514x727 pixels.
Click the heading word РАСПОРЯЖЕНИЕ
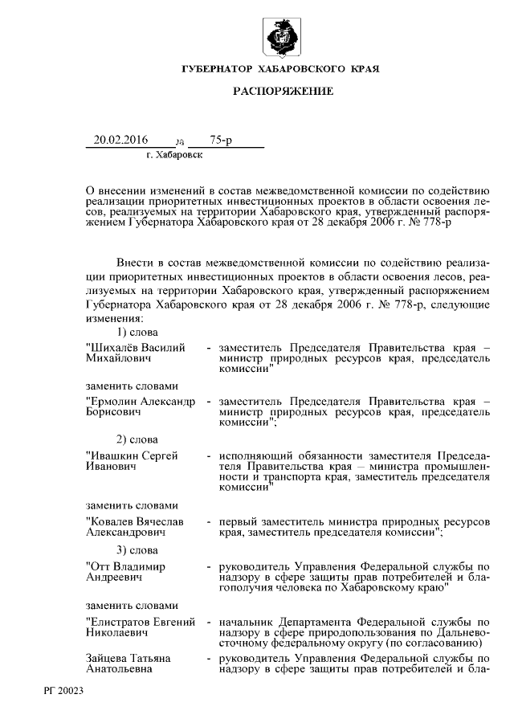(283, 92)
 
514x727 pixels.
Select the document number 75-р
(221, 141)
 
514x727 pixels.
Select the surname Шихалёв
(114, 347)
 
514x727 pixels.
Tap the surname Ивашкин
(115, 455)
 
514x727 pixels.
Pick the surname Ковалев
(114, 521)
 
